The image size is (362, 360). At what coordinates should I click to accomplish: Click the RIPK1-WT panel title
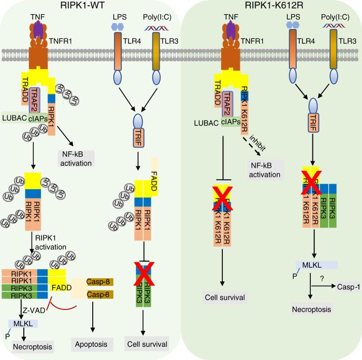point(91,6)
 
